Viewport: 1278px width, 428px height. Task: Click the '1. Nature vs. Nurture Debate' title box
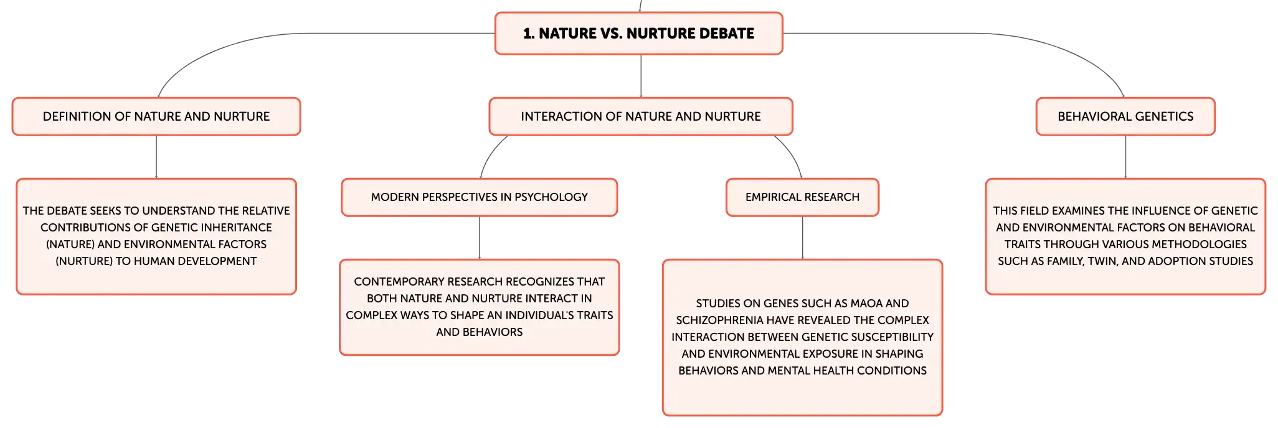[x=639, y=34]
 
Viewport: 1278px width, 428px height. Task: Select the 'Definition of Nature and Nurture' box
[x=156, y=116]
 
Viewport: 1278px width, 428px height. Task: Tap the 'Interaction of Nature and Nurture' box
[x=641, y=116]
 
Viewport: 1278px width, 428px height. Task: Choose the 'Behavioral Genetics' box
[x=1125, y=116]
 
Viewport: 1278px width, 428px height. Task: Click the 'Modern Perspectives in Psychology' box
[x=480, y=197]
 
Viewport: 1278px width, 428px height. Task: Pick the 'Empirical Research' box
[x=802, y=197]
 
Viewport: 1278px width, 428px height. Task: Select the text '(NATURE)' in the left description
[x=70, y=244]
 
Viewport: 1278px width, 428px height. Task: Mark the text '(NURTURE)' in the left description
[x=84, y=261]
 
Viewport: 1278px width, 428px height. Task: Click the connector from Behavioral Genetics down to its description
[x=1125, y=157]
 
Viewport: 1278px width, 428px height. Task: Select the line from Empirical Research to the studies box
[x=802, y=238]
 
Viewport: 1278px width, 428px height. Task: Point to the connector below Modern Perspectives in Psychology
[x=480, y=238]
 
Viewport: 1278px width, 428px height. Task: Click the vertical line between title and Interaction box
[x=641, y=76]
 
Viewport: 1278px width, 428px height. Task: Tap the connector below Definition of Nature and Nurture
[x=156, y=157]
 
